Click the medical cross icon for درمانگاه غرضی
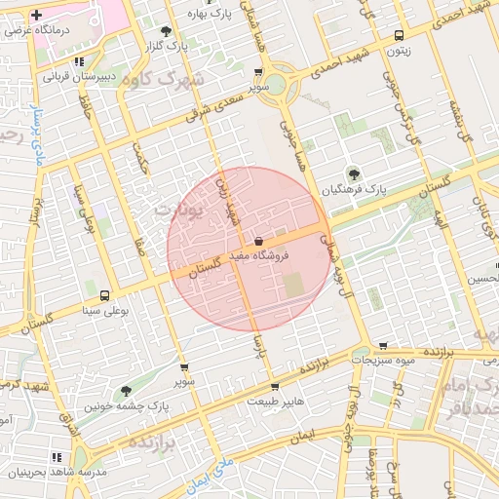point(37,17)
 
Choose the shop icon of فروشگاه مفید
point(258,240)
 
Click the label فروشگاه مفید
point(257,255)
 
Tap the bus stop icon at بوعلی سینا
point(103,295)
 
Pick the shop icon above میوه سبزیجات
point(383,346)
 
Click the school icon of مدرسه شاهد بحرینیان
point(56,456)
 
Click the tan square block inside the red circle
point(293,286)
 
